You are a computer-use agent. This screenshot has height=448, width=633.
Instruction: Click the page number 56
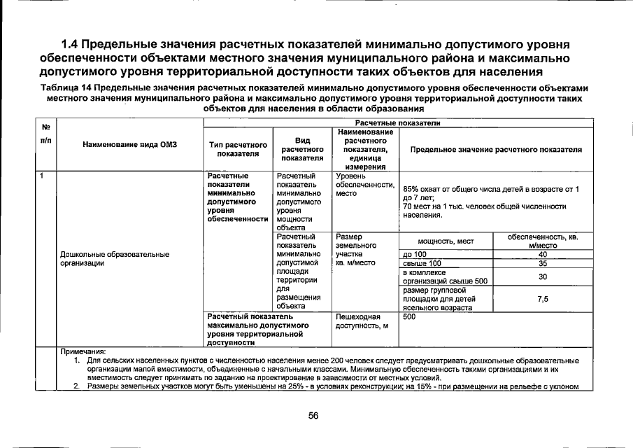pos(313,416)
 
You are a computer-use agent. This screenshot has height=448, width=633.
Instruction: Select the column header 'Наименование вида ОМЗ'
pos(130,145)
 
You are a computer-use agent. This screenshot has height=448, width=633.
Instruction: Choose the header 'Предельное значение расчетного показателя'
pos(496,149)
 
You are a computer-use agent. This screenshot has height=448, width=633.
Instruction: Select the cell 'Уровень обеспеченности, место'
pos(364,183)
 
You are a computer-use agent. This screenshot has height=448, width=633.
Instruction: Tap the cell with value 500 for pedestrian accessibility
pos(410,317)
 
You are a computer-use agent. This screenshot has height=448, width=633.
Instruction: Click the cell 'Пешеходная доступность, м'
pos(357,321)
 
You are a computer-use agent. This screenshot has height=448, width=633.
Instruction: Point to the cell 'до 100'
pos(415,254)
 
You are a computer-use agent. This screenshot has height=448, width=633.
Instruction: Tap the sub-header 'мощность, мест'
pos(447,241)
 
